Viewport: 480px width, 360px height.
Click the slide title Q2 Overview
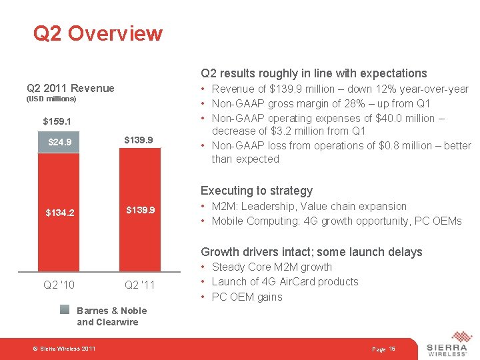pyautogui.click(x=98, y=33)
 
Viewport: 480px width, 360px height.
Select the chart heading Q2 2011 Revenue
pyautogui.click(x=70, y=88)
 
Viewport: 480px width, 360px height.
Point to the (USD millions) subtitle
pyautogui.click(x=51, y=99)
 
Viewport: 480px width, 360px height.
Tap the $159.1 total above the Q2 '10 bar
pyautogui.click(x=57, y=121)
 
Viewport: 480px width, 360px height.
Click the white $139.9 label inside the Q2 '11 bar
pyautogui.click(x=140, y=210)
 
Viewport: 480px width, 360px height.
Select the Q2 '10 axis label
pyautogui.click(x=59, y=285)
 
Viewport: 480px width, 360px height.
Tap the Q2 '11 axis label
pyautogui.click(x=140, y=285)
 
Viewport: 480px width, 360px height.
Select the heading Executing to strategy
pyautogui.click(x=257, y=191)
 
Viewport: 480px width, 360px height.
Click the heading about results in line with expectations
pyautogui.click(x=313, y=73)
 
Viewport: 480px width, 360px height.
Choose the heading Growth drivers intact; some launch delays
pyautogui.click(x=311, y=252)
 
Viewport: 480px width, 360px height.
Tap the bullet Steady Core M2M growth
pyautogui.click(x=271, y=267)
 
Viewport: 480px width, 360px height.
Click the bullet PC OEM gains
pyautogui.click(x=247, y=297)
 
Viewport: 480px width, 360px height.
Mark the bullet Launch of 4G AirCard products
pyautogui.click(x=285, y=281)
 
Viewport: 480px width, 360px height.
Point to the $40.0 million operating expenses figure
pyautogui.click(x=392, y=118)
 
